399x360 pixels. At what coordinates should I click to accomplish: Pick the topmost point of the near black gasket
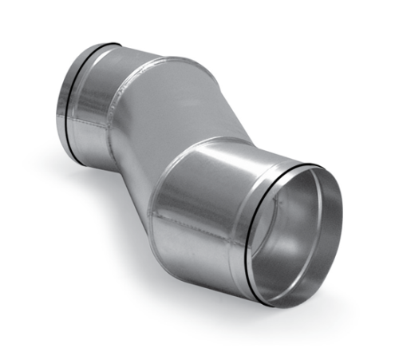click(x=315, y=166)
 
